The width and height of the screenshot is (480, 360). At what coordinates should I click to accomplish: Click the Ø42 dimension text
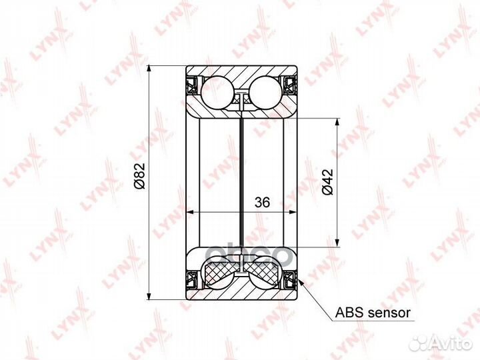coord(327,181)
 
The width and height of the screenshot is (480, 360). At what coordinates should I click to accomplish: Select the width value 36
coord(261,203)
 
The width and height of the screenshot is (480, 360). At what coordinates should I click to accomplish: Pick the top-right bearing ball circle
coord(265,91)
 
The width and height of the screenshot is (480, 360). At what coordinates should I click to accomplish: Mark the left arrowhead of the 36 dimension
coord(190,213)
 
